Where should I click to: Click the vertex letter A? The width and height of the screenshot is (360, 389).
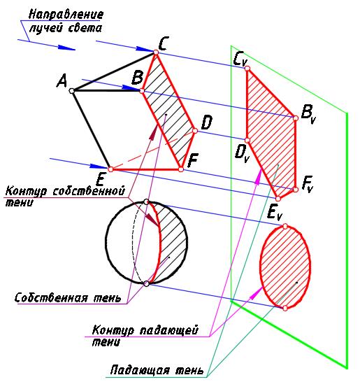(62, 81)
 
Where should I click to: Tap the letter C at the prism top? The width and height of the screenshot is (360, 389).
(164, 43)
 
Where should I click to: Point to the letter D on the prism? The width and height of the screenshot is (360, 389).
(206, 123)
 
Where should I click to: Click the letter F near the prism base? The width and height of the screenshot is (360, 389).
(193, 160)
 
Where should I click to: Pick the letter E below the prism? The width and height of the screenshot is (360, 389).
(100, 179)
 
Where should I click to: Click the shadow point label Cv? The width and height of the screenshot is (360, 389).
(239, 59)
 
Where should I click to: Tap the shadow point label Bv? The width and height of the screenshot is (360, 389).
(308, 115)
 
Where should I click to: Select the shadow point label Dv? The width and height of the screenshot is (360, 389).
(241, 154)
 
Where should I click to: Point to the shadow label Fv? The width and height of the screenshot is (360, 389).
(307, 183)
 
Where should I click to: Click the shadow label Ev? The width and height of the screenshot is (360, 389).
(275, 213)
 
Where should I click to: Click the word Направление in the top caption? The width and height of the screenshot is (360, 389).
(66, 15)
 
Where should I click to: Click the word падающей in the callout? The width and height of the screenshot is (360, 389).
(169, 330)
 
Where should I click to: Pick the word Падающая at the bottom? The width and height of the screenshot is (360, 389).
(141, 370)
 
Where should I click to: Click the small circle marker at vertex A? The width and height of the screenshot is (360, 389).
(72, 91)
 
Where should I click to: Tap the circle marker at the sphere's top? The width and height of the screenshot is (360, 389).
(146, 201)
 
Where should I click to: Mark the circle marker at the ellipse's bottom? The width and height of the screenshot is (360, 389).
(285, 308)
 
